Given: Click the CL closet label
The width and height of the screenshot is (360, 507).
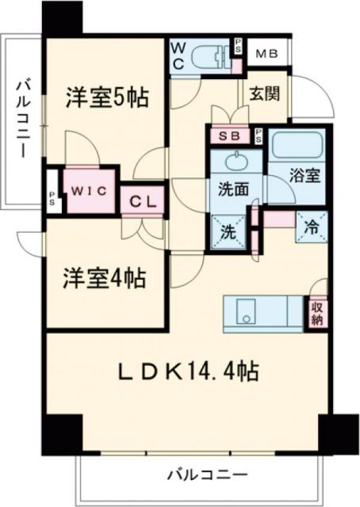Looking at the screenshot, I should click(x=143, y=201).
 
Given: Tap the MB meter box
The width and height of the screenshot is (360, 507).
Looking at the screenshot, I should click(x=266, y=55).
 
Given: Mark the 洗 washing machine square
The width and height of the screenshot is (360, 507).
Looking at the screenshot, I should click(x=228, y=233).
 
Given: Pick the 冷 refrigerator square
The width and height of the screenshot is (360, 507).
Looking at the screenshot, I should click(x=312, y=227).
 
